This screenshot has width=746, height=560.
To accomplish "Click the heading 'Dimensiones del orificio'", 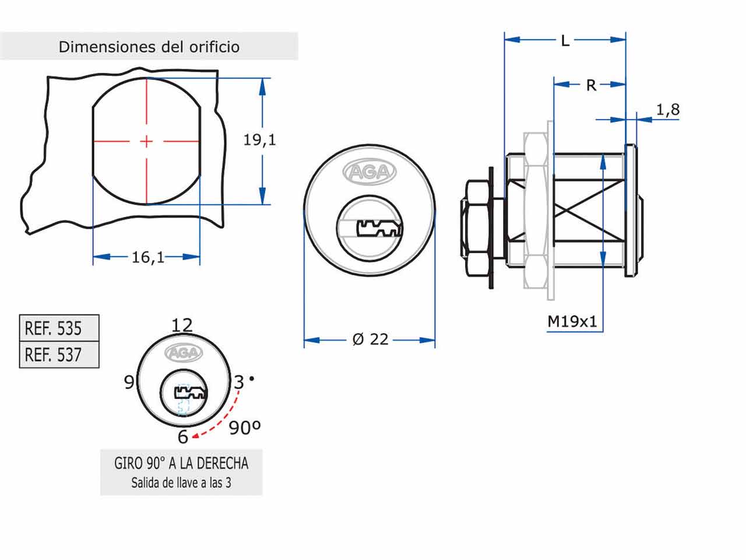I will [149, 47].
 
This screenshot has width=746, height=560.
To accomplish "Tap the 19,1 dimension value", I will [259, 140].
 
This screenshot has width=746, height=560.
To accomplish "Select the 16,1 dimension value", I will [147, 257].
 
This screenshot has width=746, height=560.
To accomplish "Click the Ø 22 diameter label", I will [370, 339].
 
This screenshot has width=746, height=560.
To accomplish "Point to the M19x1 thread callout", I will [572, 321].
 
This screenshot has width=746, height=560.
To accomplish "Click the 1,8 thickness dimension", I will [668, 110].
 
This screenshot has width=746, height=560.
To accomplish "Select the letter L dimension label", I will [565, 40].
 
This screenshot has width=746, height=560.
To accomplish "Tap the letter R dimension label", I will [591, 85].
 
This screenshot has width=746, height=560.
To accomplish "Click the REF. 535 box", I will [59, 328].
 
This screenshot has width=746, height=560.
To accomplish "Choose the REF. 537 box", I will [59, 355].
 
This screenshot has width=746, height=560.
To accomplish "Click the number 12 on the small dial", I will [182, 325].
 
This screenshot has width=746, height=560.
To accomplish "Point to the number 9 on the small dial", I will [129, 382].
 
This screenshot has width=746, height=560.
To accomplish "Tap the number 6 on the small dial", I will [183, 436].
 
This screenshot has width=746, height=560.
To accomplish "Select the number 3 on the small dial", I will [238, 382].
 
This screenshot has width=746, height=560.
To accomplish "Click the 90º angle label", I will [244, 428].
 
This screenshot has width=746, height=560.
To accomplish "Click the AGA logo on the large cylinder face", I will [370, 172].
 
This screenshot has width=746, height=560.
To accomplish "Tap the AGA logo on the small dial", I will [184, 353].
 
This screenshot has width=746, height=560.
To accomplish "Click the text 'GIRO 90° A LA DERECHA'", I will [181, 463].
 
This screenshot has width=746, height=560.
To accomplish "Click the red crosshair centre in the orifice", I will [146, 141].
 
